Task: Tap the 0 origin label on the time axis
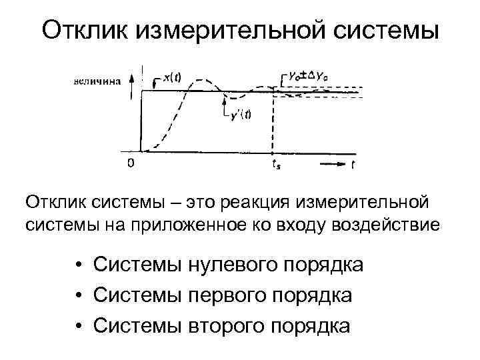tap(131, 162)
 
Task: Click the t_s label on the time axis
tap(276, 164)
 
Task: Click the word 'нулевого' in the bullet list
tap(223, 265)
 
